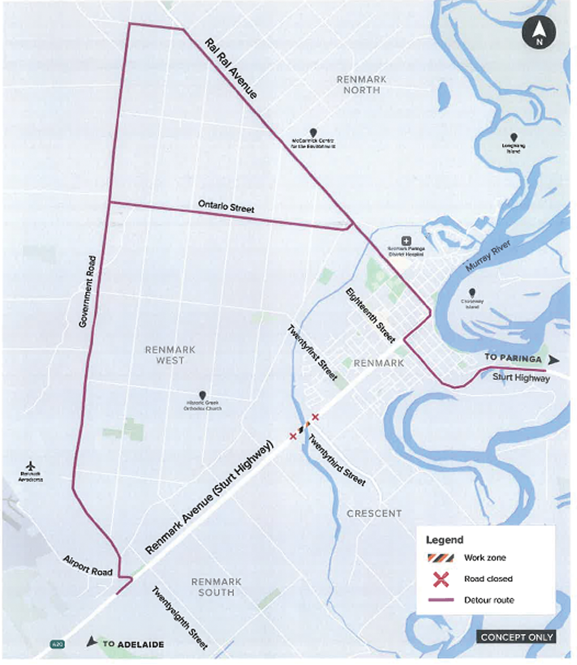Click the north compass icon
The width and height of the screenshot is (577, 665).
click(539, 33)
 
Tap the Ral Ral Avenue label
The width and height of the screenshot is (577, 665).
click(230, 69)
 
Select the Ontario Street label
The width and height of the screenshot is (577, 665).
click(226, 206)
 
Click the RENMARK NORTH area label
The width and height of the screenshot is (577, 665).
click(362, 84)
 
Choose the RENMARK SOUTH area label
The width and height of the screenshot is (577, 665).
click(216, 587)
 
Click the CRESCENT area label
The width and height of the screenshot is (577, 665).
click(374, 513)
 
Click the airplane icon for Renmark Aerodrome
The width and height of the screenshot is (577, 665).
click(31, 466)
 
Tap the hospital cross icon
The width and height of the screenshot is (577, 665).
click(406, 240)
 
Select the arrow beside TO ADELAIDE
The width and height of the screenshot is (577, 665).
click(91, 642)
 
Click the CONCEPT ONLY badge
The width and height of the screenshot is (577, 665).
click(516, 637)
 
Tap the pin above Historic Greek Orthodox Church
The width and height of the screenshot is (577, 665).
click(202, 394)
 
